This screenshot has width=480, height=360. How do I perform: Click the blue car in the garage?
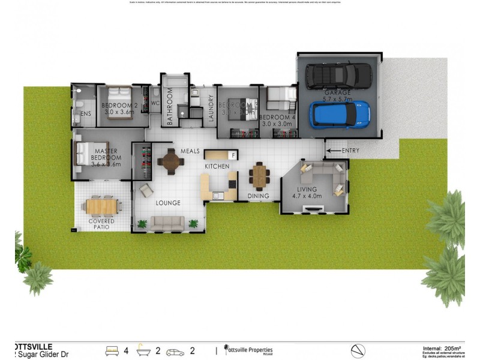pos(339,114)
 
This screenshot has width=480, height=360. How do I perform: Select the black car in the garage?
pos(339,76)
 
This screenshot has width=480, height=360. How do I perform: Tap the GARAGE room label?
pos(338,94)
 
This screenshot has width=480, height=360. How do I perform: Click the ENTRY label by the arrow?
pos(351,151)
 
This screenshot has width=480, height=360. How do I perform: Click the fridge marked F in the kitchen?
pos(234,155)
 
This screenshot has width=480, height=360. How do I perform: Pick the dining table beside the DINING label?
pos(260,176)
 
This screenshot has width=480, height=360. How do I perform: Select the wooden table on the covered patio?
pos(102,206)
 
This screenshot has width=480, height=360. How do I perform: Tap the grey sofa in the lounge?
pos(167,224)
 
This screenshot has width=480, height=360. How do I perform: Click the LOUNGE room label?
pos(168,203)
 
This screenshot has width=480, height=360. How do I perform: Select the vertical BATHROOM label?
pos(170,107)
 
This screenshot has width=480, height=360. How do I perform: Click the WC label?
pos(155,103)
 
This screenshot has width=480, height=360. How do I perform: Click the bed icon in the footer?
pos(112,350)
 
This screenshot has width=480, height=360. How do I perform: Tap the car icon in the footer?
pos(176,351)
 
